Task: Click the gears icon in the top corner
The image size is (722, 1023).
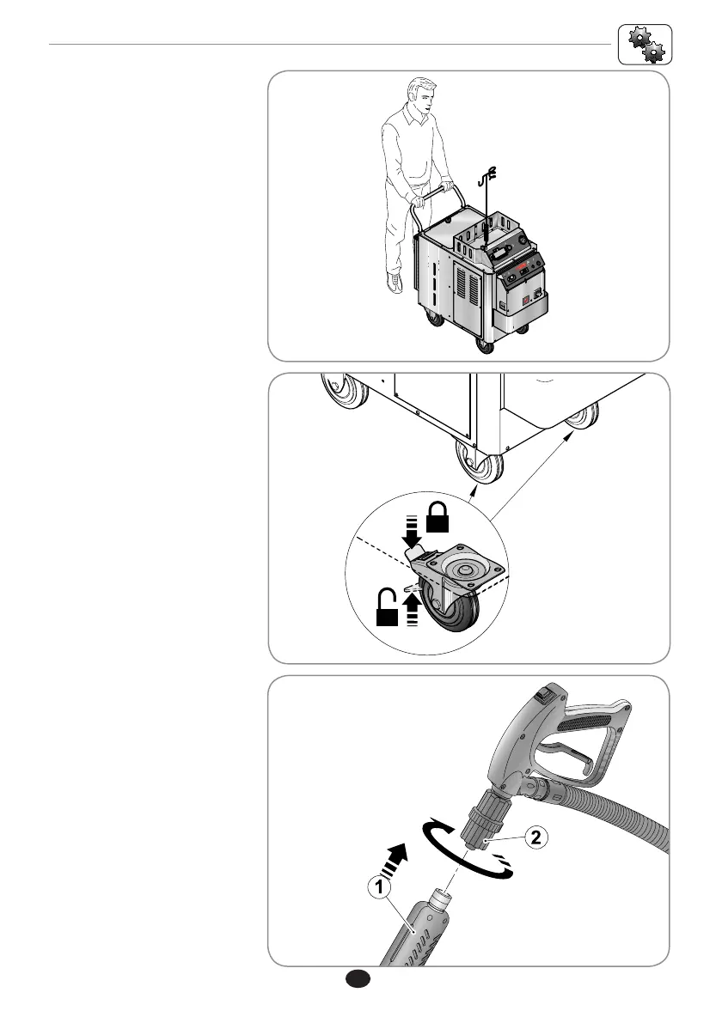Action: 645,44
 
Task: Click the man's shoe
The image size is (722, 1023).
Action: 395,283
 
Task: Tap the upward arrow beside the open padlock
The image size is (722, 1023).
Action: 414,612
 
